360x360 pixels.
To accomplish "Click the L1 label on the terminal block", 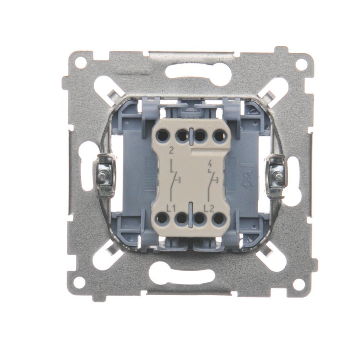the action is pyautogui.click(x=171, y=208).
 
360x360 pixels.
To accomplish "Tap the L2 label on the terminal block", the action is pyautogui.click(x=209, y=208).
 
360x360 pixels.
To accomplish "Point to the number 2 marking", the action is pyautogui.click(x=171, y=151).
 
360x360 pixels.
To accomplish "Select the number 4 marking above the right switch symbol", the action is pyautogui.click(x=209, y=164).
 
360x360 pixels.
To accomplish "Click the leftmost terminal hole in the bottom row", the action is pyautogui.click(x=163, y=218).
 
